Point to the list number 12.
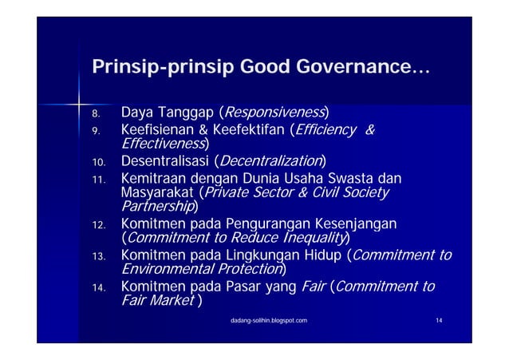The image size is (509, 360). (98, 226)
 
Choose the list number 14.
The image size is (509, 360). (98, 288)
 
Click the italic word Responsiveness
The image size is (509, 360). (275, 110)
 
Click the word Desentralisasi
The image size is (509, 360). (167, 163)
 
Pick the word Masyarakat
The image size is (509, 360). (157, 193)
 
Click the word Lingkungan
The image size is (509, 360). (264, 255)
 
